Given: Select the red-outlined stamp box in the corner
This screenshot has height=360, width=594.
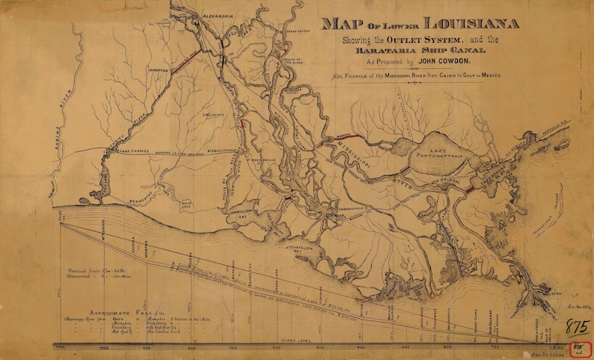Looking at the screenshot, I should click(x=579, y=349).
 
